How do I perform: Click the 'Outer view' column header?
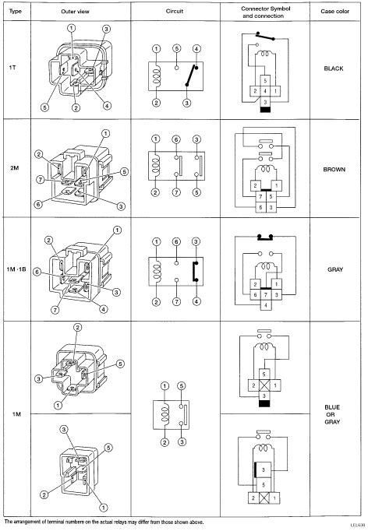point(75,11)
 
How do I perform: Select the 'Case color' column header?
point(334,11)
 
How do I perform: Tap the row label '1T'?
point(12,68)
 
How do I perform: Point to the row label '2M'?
point(14,167)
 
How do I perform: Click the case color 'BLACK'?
point(334,69)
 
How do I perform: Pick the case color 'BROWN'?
point(334,169)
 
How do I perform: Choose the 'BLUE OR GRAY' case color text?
point(332,414)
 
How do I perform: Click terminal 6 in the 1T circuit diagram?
point(176,48)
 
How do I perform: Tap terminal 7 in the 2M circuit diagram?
point(176,192)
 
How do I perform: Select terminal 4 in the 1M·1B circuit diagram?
point(196,301)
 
